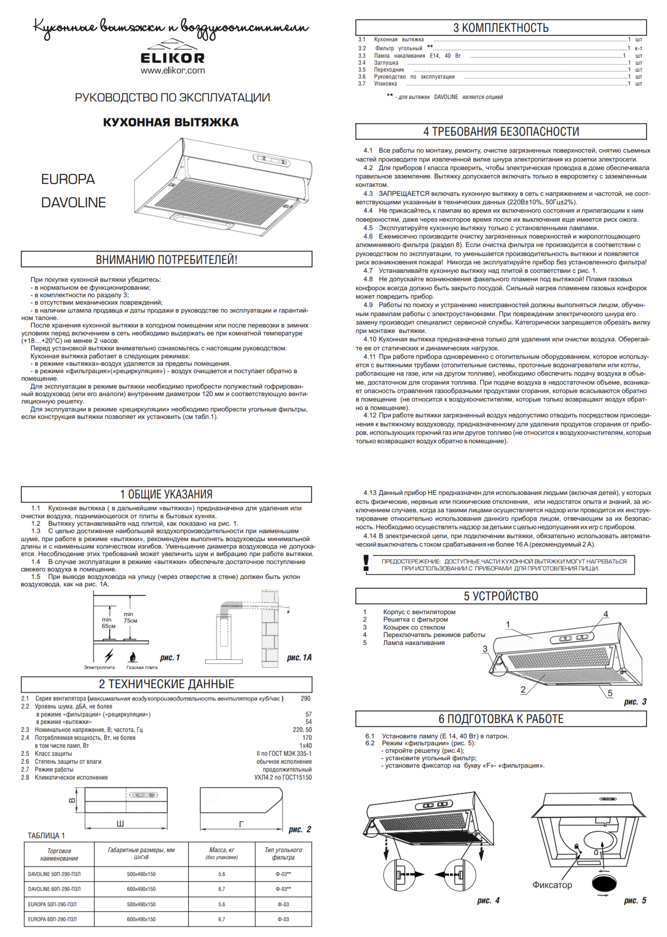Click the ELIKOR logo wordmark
point(172,58)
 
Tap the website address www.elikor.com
point(172,71)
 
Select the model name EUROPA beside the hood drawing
point(68,179)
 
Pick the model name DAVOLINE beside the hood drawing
point(74,203)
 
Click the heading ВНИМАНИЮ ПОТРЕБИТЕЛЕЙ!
point(166,259)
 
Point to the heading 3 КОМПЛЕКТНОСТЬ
point(501,28)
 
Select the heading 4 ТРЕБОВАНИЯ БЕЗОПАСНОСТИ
point(501,132)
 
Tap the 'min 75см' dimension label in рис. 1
point(130,618)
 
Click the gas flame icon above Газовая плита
point(133,657)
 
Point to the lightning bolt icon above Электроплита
point(109,655)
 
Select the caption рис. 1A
point(299,658)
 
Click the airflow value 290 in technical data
point(305,699)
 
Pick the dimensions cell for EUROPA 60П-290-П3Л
point(141,920)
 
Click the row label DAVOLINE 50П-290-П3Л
point(54,874)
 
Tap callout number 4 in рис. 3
point(605,615)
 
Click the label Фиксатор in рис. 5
point(552,885)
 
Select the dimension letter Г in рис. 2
point(241,824)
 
